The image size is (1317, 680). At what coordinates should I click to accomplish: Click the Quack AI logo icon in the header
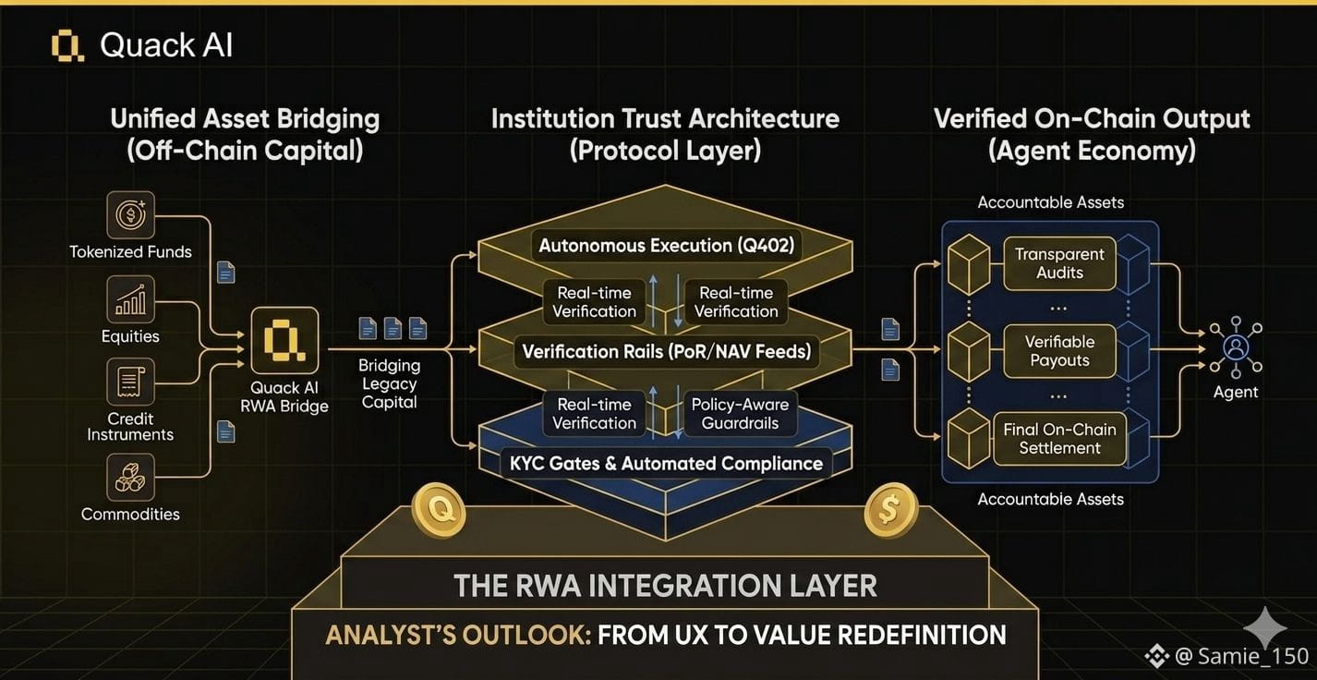tap(67, 45)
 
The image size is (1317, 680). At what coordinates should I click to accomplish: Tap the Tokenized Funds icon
tap(130, 214)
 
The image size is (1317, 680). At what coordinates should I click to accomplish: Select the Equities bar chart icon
tap(130, 299)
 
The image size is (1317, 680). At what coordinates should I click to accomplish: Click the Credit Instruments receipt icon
tap(130, 382)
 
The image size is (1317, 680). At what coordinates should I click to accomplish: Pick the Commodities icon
tap(130, 477)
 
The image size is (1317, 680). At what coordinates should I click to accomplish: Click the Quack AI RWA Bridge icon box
tap(285, 341)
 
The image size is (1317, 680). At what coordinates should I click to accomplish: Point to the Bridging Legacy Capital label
tap(389, 383)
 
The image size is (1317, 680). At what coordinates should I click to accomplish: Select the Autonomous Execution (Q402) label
tap(666, 245)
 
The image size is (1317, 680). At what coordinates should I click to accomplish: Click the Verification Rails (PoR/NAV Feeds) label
tap(666, 352)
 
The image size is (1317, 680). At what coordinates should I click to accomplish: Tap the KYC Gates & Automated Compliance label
tap(666, 464)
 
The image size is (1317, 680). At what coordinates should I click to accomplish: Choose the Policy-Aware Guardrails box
tap(740, 414)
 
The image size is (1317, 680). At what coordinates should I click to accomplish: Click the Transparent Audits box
tap(1059, 263)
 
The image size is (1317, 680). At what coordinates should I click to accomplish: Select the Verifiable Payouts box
tap(1059, 351)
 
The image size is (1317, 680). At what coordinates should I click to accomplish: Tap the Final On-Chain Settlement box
tap(1059, 439)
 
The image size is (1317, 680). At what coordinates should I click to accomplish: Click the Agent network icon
tap(1236, 347)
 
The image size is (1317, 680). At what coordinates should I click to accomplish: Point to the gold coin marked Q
tap(439, 510)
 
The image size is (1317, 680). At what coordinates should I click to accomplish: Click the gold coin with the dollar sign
tap(890, 510)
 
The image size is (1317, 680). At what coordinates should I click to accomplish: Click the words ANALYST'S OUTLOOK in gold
tap(458, 636)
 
